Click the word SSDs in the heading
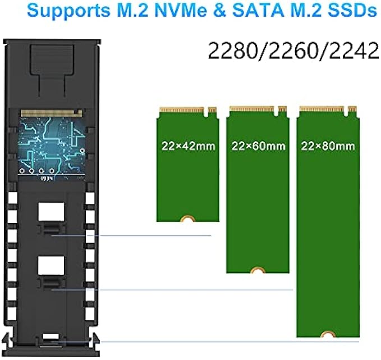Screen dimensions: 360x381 click(350, 11)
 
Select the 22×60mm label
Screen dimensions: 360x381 click(258, 145)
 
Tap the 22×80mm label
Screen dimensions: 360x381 click(328, 145)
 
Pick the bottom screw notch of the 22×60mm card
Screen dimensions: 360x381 click(258, 271)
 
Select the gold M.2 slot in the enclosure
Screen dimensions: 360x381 click(50, 113)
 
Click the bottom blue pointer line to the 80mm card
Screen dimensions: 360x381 click(224, 341)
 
